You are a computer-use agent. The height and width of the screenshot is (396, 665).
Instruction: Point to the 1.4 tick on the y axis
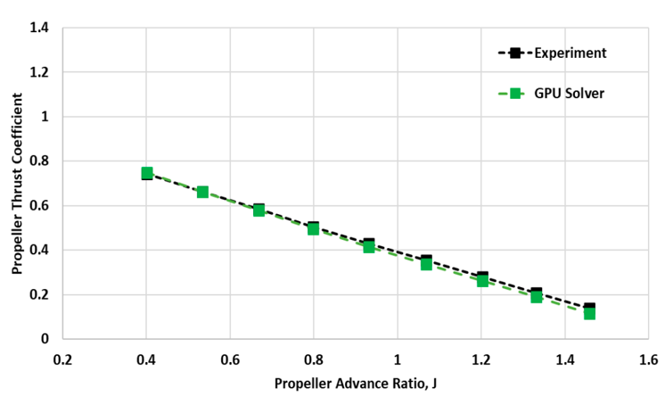[x=42, y=27]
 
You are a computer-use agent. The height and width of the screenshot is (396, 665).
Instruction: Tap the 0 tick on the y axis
[x=45, y=339]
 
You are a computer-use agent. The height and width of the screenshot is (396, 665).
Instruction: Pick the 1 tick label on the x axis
[x=398, y=360]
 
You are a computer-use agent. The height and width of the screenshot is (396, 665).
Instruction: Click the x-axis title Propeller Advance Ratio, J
[x=356, y=384]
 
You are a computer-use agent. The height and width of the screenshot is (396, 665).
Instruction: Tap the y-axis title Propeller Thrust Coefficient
[x=16, y=183]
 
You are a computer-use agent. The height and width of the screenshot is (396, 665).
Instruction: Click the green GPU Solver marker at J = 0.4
[x=147, y=173]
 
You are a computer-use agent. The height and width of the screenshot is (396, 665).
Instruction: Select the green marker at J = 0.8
[x=314, y=228]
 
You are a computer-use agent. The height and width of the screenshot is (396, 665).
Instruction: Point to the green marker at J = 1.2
[x=482, y=280]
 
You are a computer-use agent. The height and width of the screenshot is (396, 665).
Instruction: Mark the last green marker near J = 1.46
[x=589, y=313]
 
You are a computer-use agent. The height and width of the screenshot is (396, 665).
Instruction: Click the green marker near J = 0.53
[x=202, y=192]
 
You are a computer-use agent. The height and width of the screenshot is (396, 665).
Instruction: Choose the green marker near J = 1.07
[x=426, y=264]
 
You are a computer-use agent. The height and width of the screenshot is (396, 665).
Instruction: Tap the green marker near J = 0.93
[x=369, y=246]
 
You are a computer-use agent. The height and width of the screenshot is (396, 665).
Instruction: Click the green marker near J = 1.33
[x=537, y=296]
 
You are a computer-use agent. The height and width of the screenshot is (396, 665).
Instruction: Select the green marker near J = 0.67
[x=259, y=210]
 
